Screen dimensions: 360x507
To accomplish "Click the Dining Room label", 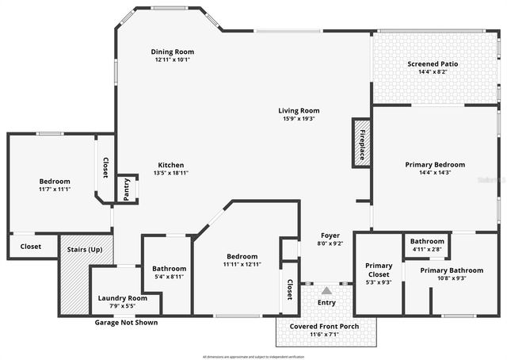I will (172, 52).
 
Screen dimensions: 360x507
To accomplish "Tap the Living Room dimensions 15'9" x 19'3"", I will (298, 119).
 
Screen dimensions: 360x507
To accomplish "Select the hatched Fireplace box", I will (362, 143).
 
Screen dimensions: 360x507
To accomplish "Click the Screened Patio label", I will (433, 63).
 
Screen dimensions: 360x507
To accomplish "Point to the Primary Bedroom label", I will (435, 164).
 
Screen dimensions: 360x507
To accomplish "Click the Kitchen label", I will (171, 164).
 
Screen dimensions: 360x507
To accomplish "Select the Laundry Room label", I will (122, 298).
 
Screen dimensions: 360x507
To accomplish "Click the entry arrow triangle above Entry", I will (326, 291).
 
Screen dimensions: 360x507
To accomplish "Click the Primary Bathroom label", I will (449, 270).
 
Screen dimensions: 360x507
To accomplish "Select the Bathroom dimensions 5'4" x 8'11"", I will (170, 276).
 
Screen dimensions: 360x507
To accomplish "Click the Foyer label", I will (330, 236).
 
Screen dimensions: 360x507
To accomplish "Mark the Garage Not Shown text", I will (126, 323).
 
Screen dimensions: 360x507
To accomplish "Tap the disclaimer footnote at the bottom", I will (253, 356).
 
